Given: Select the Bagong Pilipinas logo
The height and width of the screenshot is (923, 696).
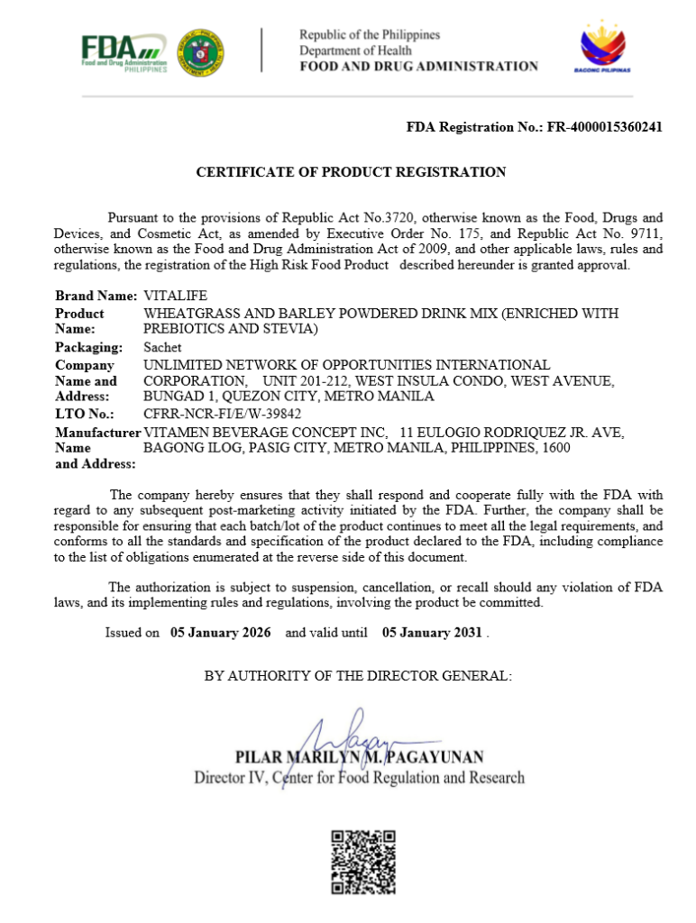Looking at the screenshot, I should coord(602,49).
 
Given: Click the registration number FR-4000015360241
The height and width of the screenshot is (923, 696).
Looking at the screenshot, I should coord(605,127).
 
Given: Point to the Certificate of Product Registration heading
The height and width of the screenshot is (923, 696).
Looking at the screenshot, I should coord(352,171).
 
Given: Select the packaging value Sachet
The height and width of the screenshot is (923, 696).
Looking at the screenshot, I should coord(162,347).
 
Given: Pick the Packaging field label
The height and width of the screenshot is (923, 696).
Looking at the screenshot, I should coord(89,347).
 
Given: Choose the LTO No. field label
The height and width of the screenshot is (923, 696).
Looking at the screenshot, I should coord(85,414).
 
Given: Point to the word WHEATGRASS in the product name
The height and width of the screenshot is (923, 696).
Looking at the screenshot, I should coord(187,314).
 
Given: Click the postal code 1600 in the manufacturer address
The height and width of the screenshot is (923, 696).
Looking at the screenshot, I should coord(555,447).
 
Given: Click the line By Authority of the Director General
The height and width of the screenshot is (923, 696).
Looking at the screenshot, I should coord(358,675).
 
